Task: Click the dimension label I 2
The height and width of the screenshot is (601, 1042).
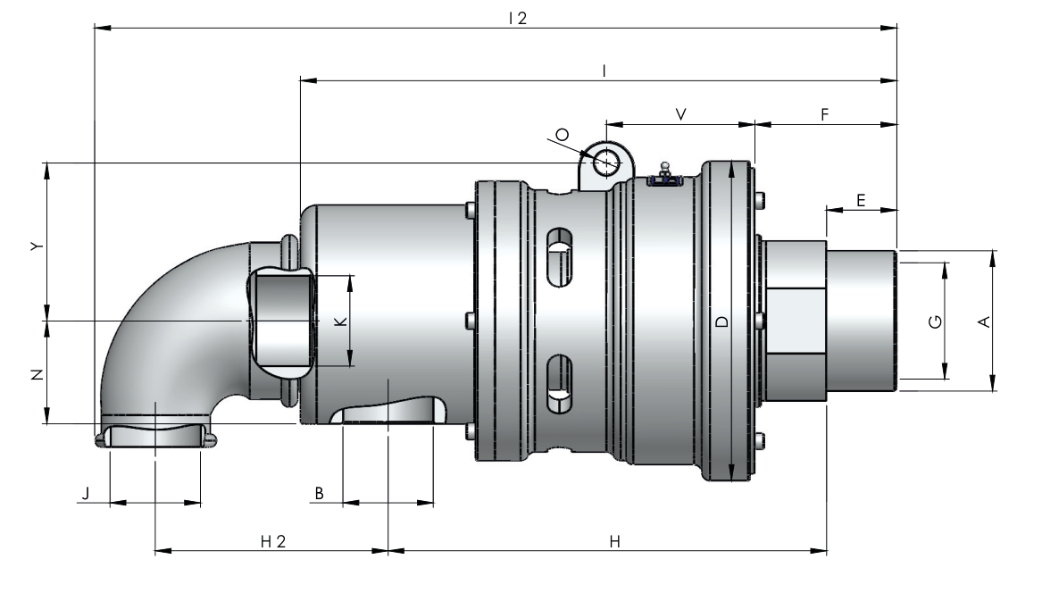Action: (x=517, y=19)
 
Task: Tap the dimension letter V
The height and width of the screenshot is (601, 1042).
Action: (x=681, y=114)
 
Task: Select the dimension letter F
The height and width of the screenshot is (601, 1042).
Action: (x=825, y=114)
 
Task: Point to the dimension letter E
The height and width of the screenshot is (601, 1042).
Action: (x=862, y=200)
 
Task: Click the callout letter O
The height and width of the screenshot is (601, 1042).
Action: (x=563, y=135)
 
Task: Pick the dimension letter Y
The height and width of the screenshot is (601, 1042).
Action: (x=38, y=246)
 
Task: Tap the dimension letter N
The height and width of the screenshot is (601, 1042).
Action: (x=38, y=374)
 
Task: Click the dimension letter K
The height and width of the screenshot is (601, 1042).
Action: (x=341, y=321)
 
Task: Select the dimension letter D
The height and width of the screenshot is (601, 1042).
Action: (x=722, y=321)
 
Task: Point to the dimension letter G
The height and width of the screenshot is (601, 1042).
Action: (x=935, y=321)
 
